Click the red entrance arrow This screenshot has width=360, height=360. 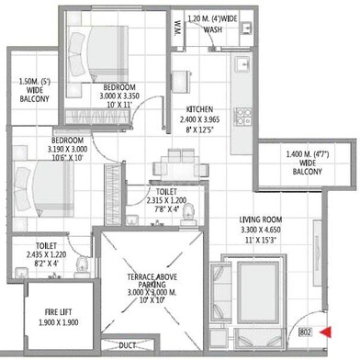[326, 332]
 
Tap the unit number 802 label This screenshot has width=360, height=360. [305, 332]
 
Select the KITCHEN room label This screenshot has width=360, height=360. [199, 109]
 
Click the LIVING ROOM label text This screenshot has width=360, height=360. [261, 219]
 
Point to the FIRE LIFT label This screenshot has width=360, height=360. [58, 312]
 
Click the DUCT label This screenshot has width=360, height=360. [127, 345]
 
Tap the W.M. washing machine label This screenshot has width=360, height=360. [177, 28]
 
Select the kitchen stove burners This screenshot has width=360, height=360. [242, 117]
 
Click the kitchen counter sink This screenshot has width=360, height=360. [243, 64]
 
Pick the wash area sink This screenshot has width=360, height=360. [246, 28]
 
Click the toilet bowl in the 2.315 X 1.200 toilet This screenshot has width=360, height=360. [186, 215]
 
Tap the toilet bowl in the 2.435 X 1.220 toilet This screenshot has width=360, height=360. [82, 267]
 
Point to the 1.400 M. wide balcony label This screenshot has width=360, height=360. [308, 163]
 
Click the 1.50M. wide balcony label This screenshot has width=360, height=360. [34, 90]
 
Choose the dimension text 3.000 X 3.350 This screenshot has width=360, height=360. [119, 96]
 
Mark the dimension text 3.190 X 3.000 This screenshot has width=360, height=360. [67, 150]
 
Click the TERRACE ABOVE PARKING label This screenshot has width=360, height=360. [152, 281]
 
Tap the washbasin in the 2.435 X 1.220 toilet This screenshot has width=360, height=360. [21, 272]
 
